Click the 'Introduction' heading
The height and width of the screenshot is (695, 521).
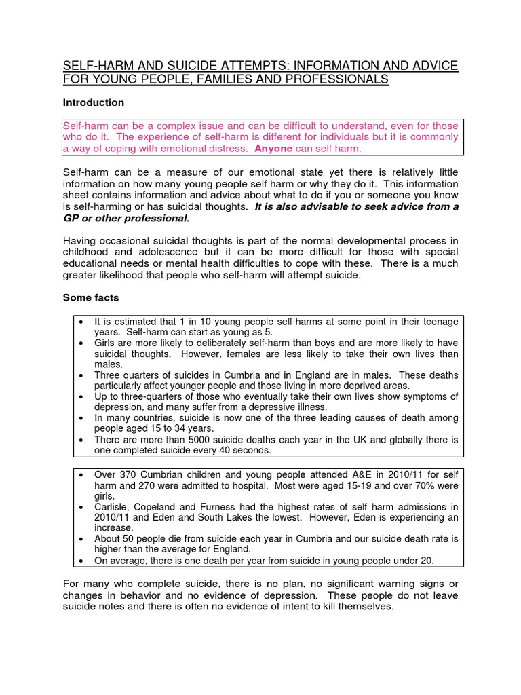[93, 102]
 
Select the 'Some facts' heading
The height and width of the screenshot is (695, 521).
[92, 297]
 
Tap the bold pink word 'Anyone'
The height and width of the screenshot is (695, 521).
[273, 148]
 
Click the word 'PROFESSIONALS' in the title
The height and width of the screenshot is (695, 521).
[328, 79]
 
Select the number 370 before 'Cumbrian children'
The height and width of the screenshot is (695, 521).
[127, 475]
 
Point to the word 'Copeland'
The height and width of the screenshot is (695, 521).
[157, 506]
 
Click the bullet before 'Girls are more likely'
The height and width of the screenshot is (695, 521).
[81, 343]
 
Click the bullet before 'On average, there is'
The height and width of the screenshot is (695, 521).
[81, 560]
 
